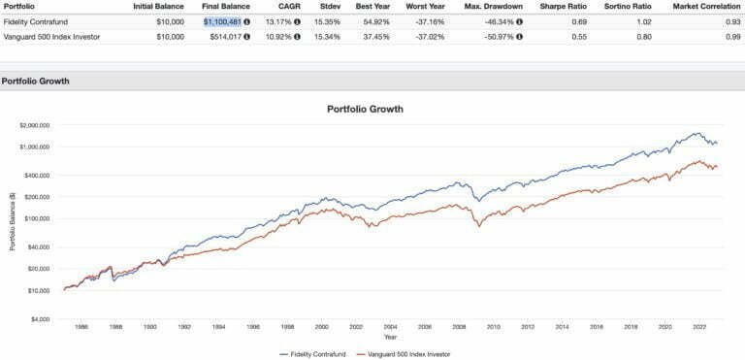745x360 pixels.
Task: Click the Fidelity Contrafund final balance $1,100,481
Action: [226, 20]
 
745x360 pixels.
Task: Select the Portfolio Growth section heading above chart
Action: [33, 81]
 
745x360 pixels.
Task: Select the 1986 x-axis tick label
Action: [79, 327]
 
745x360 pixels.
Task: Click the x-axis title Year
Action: [389, 338]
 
